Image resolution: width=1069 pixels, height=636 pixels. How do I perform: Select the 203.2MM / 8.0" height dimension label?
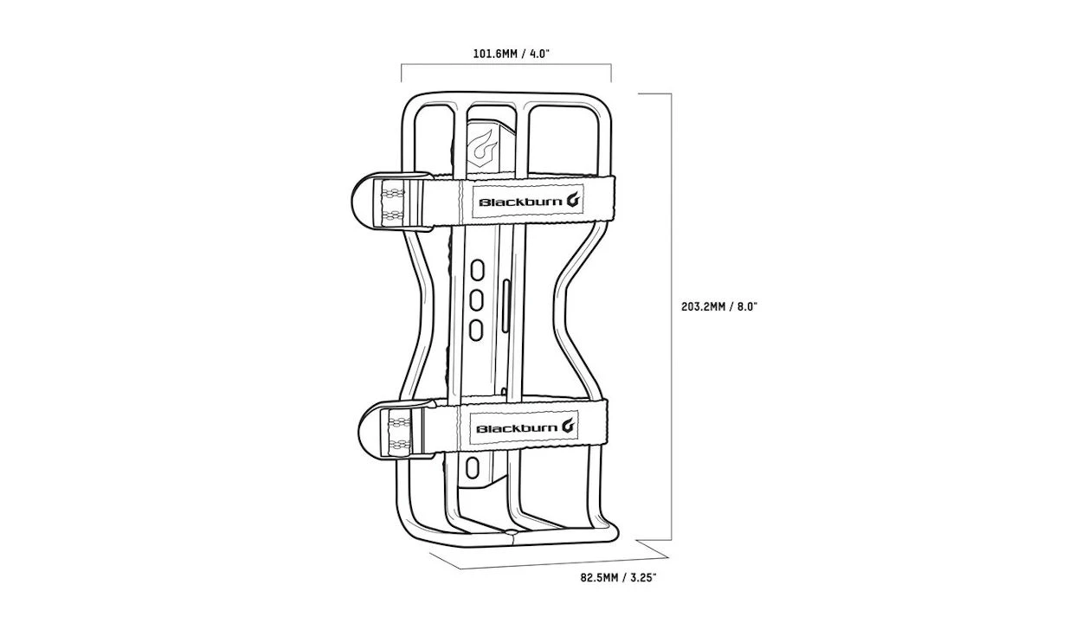719,306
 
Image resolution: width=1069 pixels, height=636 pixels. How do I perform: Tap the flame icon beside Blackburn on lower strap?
568,426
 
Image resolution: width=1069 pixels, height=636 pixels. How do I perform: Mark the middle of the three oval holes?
476,299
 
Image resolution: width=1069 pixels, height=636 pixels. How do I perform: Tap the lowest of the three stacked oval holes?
475,328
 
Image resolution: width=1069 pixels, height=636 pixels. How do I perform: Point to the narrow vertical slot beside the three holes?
504,298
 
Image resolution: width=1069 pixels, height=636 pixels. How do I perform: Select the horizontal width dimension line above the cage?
506,65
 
